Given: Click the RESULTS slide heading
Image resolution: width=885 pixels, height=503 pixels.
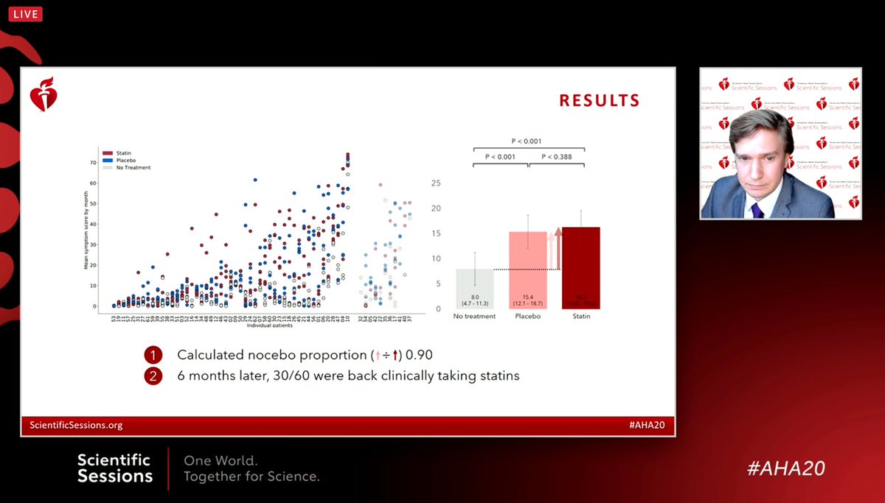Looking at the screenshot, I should click(599, 101).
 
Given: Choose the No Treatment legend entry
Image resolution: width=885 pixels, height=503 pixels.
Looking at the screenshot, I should click(126, 168).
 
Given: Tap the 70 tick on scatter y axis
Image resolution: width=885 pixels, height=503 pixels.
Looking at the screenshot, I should click(93, 162).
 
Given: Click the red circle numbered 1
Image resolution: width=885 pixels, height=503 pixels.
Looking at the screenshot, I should click(153, 355).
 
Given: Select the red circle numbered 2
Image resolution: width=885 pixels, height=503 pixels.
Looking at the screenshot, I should click(153, 376).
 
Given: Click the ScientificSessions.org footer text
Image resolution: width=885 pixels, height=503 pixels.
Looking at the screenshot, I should click(76, 425).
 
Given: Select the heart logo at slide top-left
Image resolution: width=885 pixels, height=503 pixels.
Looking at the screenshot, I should click(44, 96).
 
